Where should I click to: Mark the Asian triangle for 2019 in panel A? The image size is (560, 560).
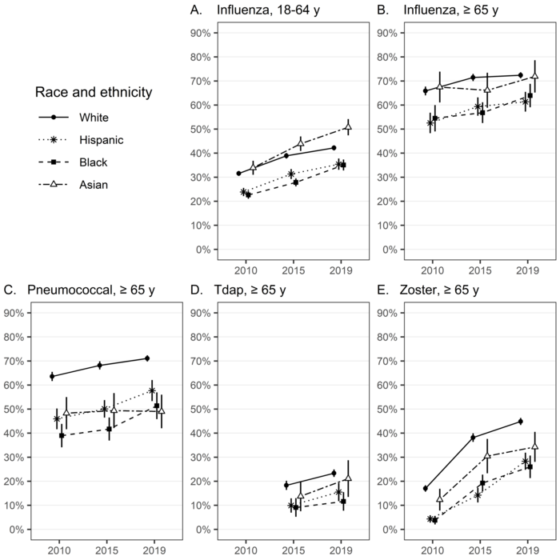pyautogui.click(x=348, y=126)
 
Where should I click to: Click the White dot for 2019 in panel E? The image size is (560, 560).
pyautogui.click(x=520, y=422)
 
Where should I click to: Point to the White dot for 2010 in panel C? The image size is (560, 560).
pyautogui.click(x=52, y=376)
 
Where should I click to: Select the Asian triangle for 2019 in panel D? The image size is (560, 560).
pyautogui.click(x=348, y=478)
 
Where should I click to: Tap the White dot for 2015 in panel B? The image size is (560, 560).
pyautogui.click(x=474, y=78)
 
